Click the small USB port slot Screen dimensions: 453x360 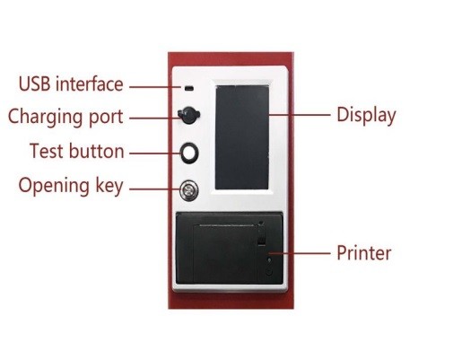[x=188, y=88]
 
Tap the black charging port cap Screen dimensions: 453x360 [x=188, y=115]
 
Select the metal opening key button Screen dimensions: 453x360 [x=189, y=190]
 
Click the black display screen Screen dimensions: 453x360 [x=242, y=137]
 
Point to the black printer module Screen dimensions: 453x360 [x=230, y=248]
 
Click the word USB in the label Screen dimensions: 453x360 [x=34, y=83]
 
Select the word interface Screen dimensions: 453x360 [x=90, y=83]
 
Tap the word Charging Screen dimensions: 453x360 [x=45, y=118]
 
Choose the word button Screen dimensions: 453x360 [x=96, y=151]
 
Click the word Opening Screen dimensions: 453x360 [x=54, y=186]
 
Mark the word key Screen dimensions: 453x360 [x=109, y=186]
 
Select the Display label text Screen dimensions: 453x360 [x=366, y=115]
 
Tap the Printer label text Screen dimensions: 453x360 [x=364, y=253]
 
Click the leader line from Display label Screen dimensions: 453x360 [x=300, y=115]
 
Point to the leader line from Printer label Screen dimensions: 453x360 [x=300, y=253]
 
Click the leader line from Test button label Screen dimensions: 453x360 [x=155, y=154]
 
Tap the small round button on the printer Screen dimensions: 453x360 [x=269, y=272]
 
